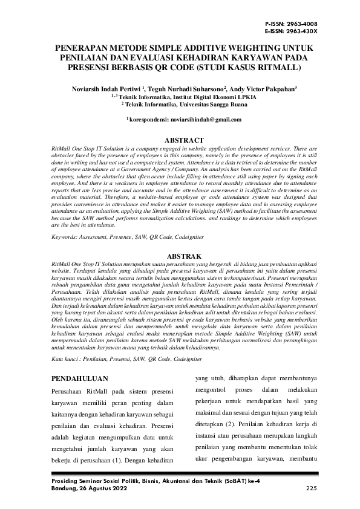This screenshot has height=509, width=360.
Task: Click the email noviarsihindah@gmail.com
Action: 203,121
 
